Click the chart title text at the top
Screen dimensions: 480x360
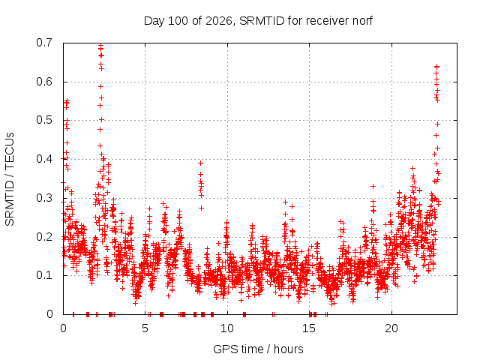[x=258, y=21]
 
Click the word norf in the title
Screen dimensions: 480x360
[x=362, y=21]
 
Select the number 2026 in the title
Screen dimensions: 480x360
[x=218, y=21]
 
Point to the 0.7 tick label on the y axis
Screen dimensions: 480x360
[x=44, y=43]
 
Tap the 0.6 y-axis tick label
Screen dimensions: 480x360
[x=44, y=82]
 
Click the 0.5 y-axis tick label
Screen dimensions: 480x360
[x=44, y=120]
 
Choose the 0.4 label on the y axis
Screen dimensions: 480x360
[x=44, y=159]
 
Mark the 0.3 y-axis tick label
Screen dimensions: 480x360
[x=44, y=198]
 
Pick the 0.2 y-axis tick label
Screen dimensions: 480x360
[x=44, y=237]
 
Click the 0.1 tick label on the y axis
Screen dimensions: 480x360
[x=44, y=275]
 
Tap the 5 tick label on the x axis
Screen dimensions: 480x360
[x=145, y=328]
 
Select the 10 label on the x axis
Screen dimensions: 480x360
[x=226, y=328]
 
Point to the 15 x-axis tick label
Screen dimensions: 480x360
[x=309, y=328]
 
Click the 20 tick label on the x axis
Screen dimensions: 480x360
[x=391, y=328]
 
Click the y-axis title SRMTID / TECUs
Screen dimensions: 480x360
[x=10, y=179]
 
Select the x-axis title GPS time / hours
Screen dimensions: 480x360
[x=258, y=349]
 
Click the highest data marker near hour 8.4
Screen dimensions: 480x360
[x=200, y=163]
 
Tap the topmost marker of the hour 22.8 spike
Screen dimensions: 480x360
[x=437, y=67]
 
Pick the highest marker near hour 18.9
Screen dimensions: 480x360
[x=373, y=187]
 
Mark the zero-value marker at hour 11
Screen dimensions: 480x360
[x=244, y=314]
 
